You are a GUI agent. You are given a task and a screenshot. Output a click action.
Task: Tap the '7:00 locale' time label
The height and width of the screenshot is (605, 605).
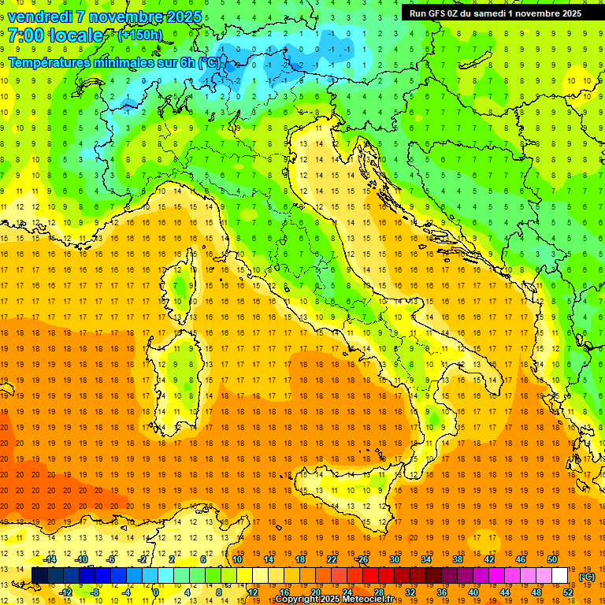(x=56, y=36)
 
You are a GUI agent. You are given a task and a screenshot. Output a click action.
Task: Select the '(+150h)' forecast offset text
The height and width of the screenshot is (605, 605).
(x=140, y=35)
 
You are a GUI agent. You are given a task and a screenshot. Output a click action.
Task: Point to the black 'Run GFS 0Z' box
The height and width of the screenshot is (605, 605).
(x=496, y=13)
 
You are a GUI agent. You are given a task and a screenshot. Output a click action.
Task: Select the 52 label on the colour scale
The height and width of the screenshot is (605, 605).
(x=568, y=592)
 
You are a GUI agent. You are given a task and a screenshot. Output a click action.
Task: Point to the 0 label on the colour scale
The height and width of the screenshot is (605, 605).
(x=156, y=592)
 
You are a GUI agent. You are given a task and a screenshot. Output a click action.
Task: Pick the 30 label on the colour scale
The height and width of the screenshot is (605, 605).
(x=395, y=559)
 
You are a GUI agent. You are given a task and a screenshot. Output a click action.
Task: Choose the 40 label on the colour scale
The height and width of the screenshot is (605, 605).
(x=473, y=592)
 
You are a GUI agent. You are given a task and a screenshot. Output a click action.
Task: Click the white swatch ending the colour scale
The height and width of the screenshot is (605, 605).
(x=560, y=575)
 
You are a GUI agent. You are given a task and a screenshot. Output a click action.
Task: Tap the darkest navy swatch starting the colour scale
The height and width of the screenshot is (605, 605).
(x=39, y=575)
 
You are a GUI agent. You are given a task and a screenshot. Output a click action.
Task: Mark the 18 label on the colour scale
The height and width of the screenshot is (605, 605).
(x=300, y=559)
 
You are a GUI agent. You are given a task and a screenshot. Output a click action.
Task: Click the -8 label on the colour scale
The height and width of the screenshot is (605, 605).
(x=96, y=592)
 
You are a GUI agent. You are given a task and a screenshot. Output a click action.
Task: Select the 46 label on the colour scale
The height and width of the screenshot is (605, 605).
(x=521, y=559)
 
